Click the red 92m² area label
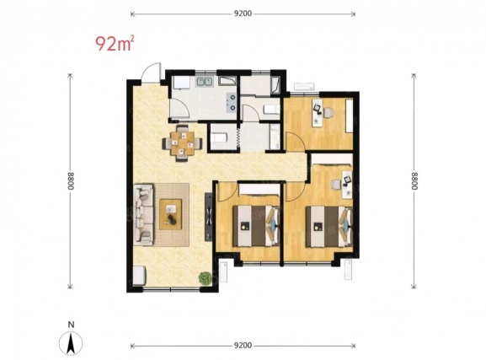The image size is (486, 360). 115,44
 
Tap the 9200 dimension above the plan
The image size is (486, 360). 243,13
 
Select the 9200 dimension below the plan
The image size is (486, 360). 243,346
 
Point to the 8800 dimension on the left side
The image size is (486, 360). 71,181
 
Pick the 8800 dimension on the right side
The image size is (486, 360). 414,181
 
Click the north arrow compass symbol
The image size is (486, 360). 71,343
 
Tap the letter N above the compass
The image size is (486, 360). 72,325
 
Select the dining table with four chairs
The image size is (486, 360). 183,142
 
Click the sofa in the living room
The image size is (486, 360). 143,214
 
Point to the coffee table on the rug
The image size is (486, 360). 170,214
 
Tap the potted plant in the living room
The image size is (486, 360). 205,277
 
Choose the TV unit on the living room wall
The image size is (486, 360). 209,217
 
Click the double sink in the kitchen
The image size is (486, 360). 204,82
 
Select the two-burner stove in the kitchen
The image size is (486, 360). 232,102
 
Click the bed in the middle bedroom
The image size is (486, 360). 256,226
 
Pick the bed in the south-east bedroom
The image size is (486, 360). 329,227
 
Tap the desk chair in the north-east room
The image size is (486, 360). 328,112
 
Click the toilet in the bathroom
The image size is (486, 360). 271,110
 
